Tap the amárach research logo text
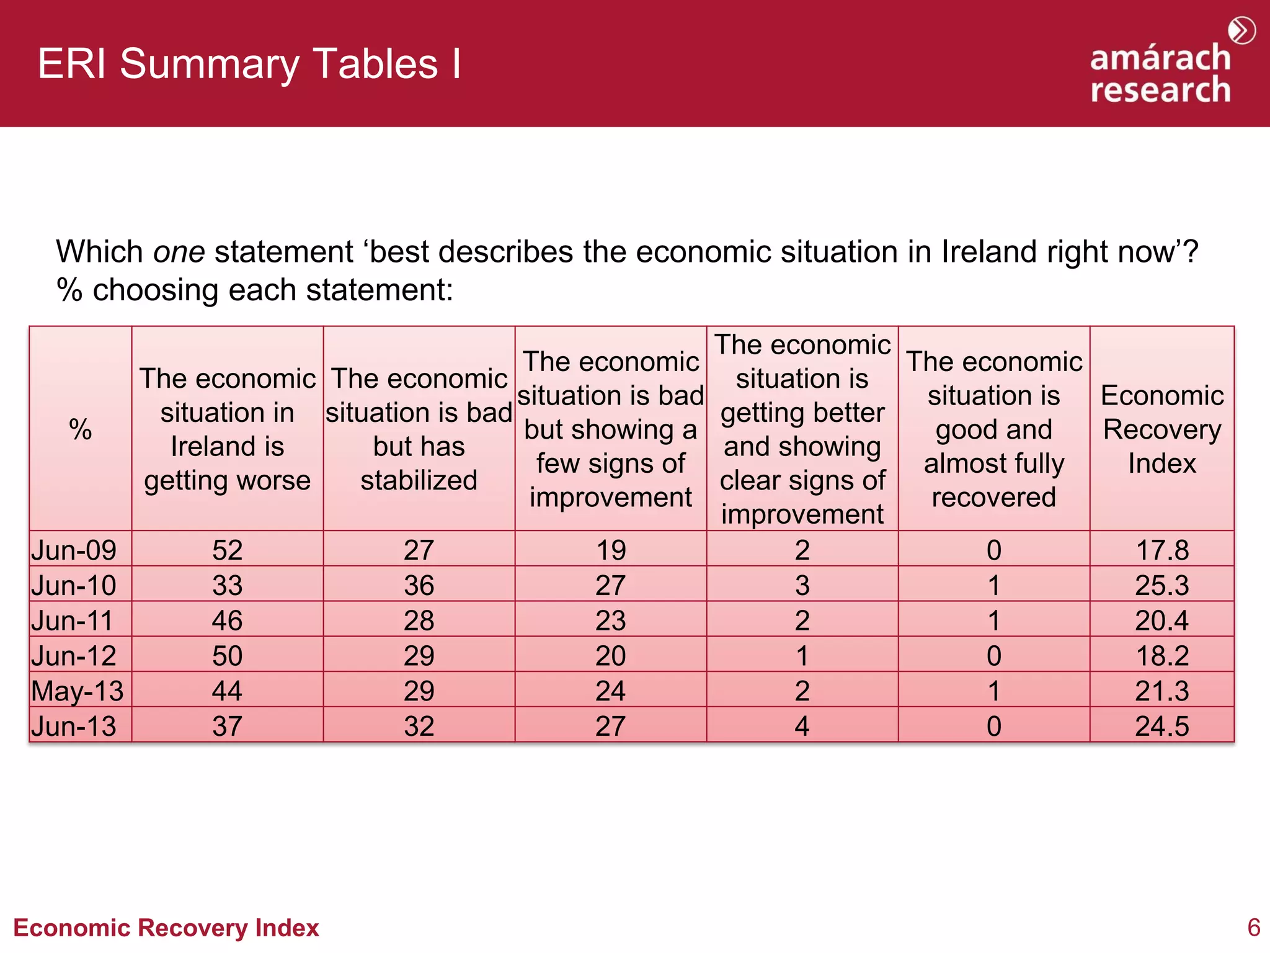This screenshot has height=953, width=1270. click(x=1160, y=73)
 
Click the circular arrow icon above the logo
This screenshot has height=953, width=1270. click(x=1241, y=30)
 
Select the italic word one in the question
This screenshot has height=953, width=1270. click(x=179, y=253)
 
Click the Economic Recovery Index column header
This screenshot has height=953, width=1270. click(x=1161, y=429)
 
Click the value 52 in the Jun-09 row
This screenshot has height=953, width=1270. click(x=227, y=550)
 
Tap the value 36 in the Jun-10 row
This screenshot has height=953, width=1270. click(x=419, y=586)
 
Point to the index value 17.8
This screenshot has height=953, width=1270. click(x=1161, y=550)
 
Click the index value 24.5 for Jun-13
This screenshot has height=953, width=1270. click(x=1161, y=727)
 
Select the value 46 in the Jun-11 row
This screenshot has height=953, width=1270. click(x=227, y=621)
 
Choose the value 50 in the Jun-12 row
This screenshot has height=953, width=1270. click(x=227, y=656)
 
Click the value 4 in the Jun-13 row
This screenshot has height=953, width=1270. click(x=802, y=727)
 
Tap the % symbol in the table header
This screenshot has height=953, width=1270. click(x=81, y=429)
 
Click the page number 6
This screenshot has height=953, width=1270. click(x=1253, y=928)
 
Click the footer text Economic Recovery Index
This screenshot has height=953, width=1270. click(x=166, y=928)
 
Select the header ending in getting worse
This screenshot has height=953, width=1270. click(x=227, y=429)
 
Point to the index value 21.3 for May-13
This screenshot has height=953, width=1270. click(x=1161, y=691)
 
